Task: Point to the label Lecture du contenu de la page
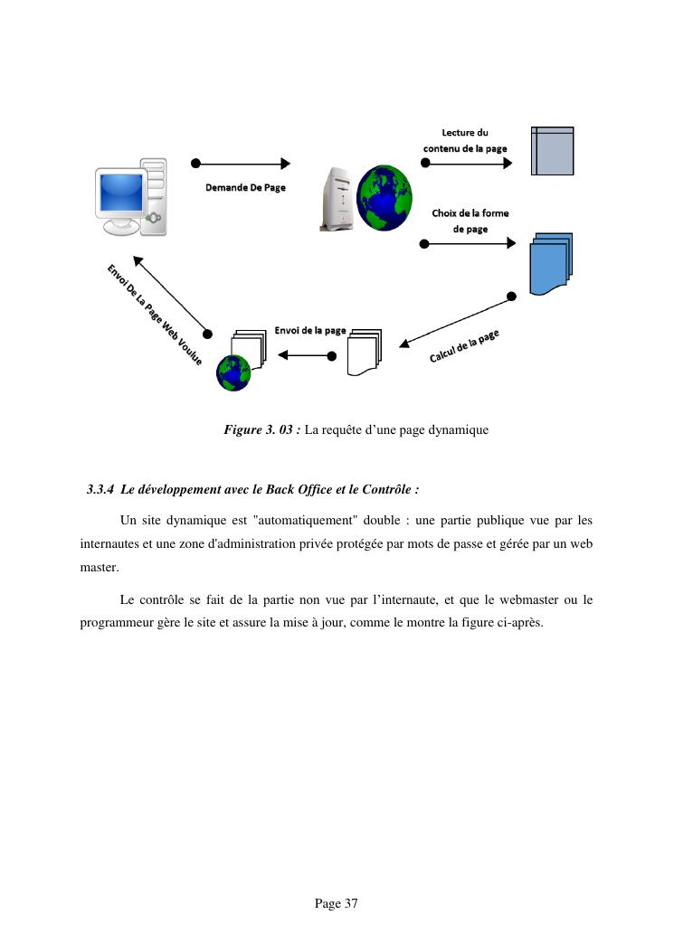coord(465,141)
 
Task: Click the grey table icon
coord(552,150)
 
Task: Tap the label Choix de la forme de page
coord(470,222)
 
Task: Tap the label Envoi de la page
coord(310,331)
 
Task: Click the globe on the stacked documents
coord(233,372)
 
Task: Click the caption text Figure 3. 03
coord(261,430)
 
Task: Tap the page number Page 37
coord(337,903)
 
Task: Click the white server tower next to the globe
coord(332,199)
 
